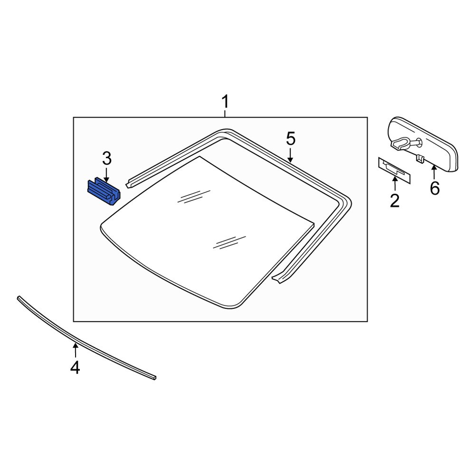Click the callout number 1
pyautogui.click(x=225, y=102)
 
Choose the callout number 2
pyautogui.click(x=395, y=200)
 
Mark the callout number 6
pyautogui.click(x=435, y=188)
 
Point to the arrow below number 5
pyautogui.click(x=291, y=155)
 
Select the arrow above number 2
pyautogui.click(x=395, y=183)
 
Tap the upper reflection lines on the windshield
pyautogui.click(x=193, y=196)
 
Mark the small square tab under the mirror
pyautogui.click(x=419, y=158)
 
